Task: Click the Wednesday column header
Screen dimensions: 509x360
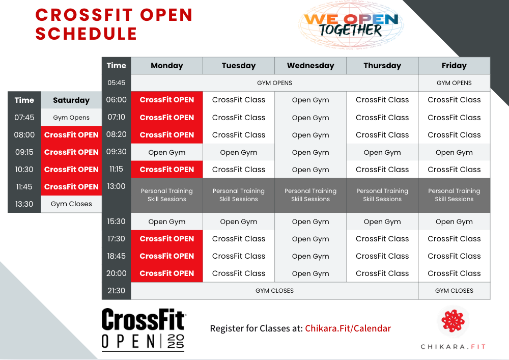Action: tap(310, 66)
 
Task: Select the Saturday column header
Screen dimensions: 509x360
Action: tap(71, 100)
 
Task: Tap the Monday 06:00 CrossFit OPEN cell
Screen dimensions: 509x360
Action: tap(167, 100)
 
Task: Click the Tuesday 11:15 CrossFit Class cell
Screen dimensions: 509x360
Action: tap(239, 170)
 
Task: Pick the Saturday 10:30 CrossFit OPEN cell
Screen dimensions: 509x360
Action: tap(71, 170)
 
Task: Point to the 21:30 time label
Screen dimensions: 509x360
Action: tap(116, 291)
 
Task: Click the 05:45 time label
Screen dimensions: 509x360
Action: tap(116, 83)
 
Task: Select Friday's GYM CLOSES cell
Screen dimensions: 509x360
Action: tap(454, 291)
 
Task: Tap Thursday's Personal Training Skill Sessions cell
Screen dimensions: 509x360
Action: tap(382, 195)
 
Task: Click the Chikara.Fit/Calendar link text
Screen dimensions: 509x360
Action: tap(348, 328)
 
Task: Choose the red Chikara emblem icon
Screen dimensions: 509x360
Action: tap(453, 321)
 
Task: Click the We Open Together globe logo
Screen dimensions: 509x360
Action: tap(351, 24)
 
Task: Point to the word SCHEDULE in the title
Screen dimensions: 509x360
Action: tap(87, 34)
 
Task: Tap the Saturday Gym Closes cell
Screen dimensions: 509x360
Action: tap(71, 204)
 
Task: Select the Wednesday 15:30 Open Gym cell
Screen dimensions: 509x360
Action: tap(310, 221)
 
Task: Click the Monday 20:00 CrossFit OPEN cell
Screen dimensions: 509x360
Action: tap(167, 273)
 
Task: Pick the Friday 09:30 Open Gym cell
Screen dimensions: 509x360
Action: tap(454, 152)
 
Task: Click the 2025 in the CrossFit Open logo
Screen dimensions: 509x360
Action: tap(176, 342)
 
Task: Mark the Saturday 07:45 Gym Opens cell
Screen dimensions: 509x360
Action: tap(71, 118)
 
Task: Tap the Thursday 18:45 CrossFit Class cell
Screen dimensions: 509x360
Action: tap(382, 256)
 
